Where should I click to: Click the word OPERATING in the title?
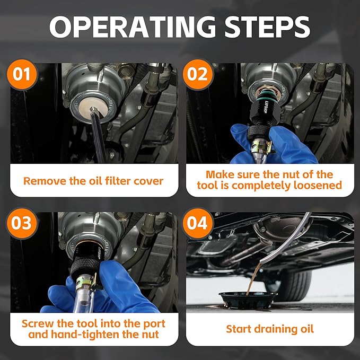133,27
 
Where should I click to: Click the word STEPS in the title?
267,27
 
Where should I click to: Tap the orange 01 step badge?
22,74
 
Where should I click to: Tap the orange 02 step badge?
198,74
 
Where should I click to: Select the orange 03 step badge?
22,223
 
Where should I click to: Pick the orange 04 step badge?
198,223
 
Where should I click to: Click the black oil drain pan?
248,300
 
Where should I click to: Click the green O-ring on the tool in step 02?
267,94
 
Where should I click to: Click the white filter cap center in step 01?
92,109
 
